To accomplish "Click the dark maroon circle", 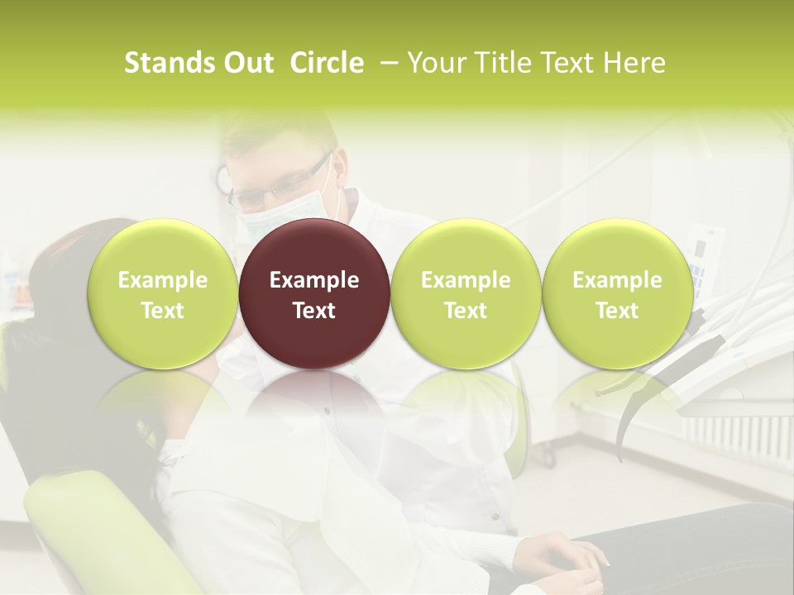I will [x=314, y=293].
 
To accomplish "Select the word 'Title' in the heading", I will [x=509, y=63].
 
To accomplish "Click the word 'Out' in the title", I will [x=249, y=63].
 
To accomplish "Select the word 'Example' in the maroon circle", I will [x=314, y=280].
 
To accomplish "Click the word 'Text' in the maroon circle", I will [x=314, y=311].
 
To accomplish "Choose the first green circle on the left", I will [x=163, y=293].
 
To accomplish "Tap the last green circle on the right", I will [x=617, y=293].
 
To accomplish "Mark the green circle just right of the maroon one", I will [x=466, y=293].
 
